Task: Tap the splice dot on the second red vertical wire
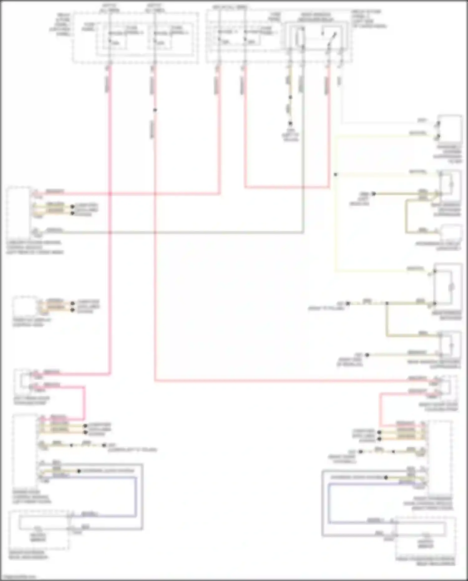click(155, 110)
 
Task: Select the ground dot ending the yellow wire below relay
click(290, 124)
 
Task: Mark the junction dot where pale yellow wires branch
click(336, 175)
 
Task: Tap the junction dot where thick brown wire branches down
click(387, 303)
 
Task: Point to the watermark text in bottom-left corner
click(17, 577)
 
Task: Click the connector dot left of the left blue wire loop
click(79, 471)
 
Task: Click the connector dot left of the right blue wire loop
click(386, 477)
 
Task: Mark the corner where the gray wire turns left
click(303, 232)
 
